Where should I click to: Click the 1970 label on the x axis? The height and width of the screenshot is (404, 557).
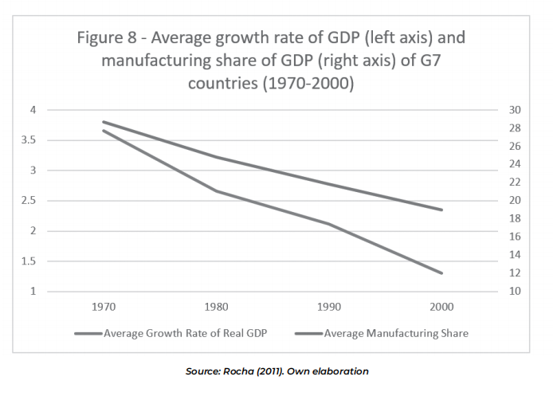(x=104, y=306)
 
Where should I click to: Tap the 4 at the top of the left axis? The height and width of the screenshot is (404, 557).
(x=33, y=110)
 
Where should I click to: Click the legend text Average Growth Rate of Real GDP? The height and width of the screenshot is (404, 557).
(x=185, y=334)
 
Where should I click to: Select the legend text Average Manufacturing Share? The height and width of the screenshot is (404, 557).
(x=395, y=334)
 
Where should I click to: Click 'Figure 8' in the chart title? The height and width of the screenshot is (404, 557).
(x=108, y=38)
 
